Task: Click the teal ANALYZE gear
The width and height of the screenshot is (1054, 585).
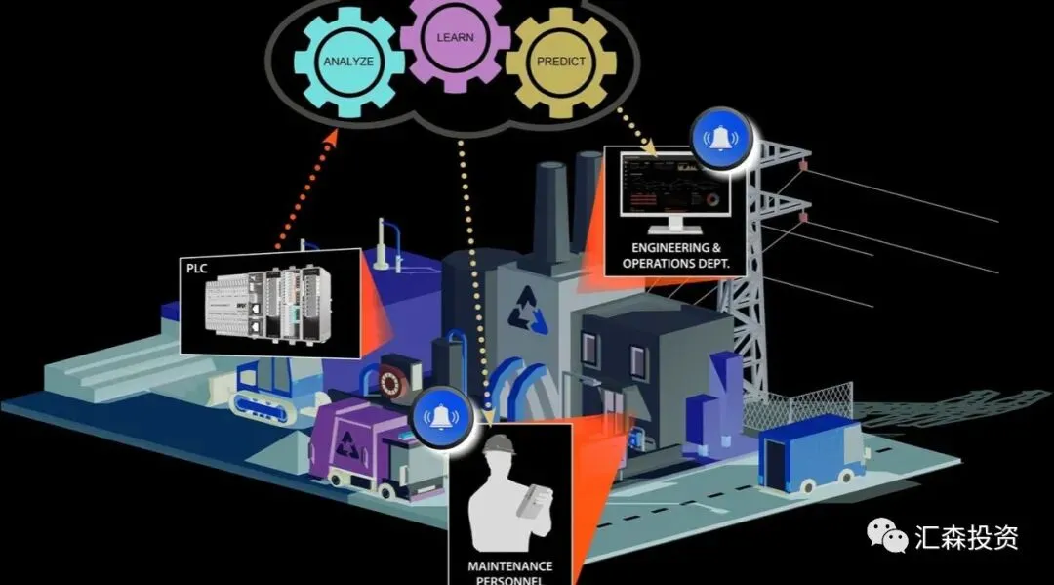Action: pos(349,61)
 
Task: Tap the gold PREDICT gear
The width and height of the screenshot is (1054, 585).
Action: pos(560,61)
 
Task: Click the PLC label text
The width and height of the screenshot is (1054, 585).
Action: pos(198,266)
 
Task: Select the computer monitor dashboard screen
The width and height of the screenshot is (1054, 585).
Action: pos(669,184)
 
